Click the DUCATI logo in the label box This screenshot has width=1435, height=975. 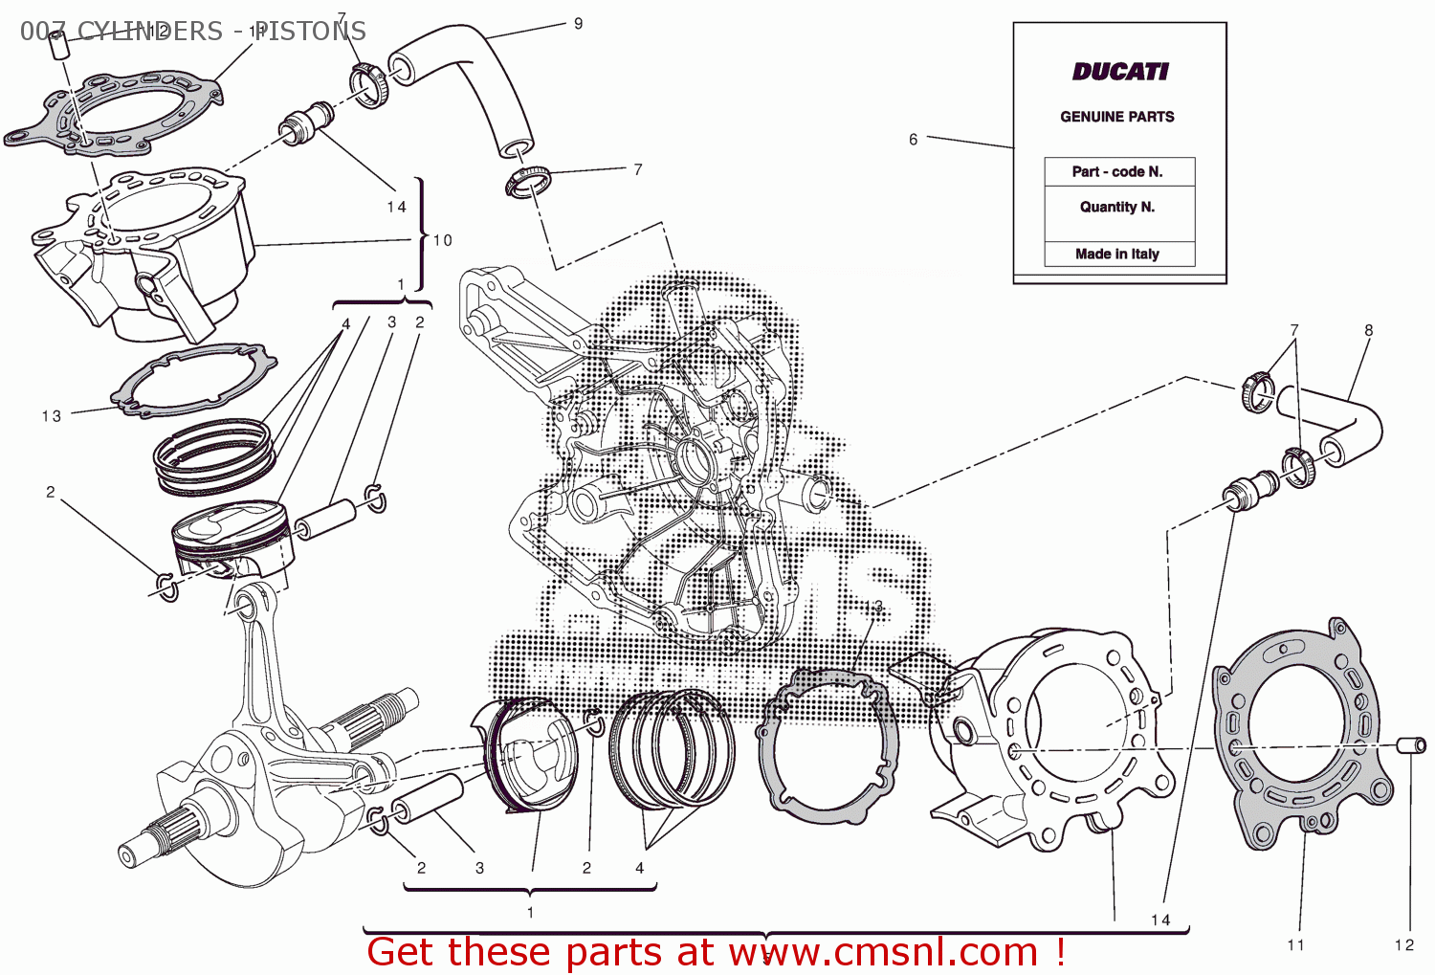pyautogui.click(x=1119, y=72)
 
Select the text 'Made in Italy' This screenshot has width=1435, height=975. pyautogui.click(x=1116, y=254)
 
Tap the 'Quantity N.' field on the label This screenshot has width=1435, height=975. pyautogui.click(x=1117, y=207)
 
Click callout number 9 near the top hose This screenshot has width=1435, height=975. pyautogui.click(x=578, y=24)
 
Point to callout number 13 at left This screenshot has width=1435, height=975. pyautogui.click(x=52, y=416)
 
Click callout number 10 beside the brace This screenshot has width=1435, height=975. pyautogui.click(x=443, y=240)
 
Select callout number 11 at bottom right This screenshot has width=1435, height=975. pyautogui.click(x=1295, y=945)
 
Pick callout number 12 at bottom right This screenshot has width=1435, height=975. pyautogui.click(x=1403, y=945)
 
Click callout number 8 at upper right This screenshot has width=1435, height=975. pyautogui.click(x=1368, y=330)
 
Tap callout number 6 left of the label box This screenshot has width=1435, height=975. pyautogui.click(x=913, y=140)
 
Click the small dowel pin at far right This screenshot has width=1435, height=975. pyautogui.click(x=1412, y=745)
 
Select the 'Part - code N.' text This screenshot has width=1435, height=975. pyautogui.click(x=1116, y=172)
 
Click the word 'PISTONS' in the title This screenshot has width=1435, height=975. pyautogui.click(x=309, y=32)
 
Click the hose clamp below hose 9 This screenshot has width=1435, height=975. pyautogui.click(x=528, y=180)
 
